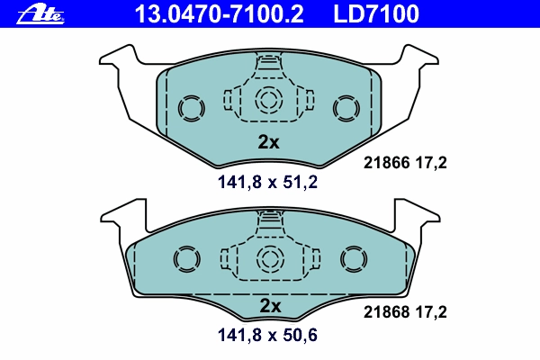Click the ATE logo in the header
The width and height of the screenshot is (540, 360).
(x=40, y=15)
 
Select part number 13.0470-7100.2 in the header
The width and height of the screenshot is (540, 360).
(x=220, y=13)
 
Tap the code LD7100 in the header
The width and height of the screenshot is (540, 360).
(x=376, y=13)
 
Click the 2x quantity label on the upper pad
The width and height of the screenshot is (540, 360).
(x=268, y=142)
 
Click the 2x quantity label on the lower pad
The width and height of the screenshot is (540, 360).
(x=270, y=306)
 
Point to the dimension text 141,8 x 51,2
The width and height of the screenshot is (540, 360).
(x=267, y=182)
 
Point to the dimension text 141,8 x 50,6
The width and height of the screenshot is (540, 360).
(x=267, y=335)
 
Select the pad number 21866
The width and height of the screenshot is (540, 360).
(x=387, y=163)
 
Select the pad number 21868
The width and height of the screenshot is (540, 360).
(x=387, y=312)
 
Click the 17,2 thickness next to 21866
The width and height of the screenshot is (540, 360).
(x=431, y=163)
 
